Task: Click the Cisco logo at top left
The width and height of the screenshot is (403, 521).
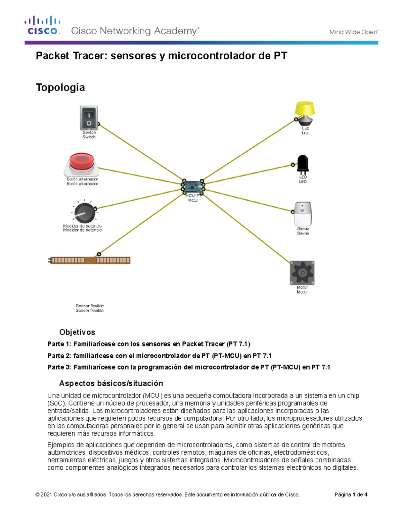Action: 43,25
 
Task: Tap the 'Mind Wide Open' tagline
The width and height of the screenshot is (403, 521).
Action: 353,32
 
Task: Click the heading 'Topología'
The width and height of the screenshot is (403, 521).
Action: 60,88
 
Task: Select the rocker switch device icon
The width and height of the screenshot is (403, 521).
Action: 89,118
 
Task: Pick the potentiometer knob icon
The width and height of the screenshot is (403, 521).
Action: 83,212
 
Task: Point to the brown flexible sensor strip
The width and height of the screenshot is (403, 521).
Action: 90,260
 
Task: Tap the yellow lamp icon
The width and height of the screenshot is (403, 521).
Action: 305,112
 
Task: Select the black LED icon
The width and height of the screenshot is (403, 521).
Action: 303,164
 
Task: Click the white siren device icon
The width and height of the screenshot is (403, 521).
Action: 303,214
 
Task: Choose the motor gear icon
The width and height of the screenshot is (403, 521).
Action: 302,273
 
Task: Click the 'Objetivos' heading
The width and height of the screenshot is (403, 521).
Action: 77,332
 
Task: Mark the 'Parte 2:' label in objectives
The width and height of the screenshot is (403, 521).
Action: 59,356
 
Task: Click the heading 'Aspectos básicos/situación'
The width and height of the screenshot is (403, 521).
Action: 111,383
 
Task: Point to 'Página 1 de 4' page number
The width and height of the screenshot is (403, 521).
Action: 351,494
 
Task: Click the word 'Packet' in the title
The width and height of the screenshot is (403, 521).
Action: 52,56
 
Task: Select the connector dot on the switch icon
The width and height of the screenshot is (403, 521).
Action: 98,124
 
